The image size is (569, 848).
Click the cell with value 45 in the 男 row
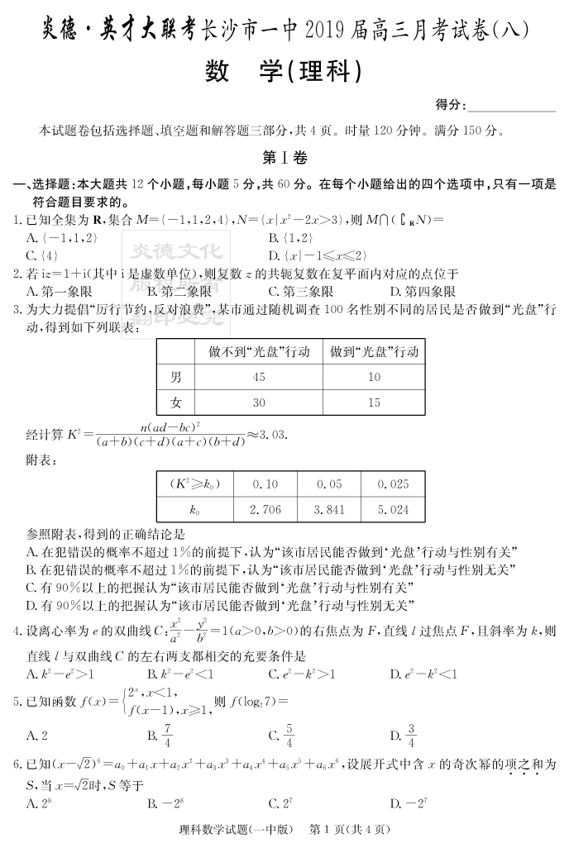[x=259, y=378]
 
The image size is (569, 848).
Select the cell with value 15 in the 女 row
[x=373, y=403]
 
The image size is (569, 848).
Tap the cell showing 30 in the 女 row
[x=259, y=403]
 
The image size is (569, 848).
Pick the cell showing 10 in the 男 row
[x=373, y=378]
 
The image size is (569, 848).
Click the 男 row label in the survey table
[x=176, y=378]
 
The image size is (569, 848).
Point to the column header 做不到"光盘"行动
[x=259, y=352]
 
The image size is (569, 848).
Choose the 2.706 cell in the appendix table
[x=265, y=510]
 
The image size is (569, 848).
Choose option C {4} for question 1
[x=41, y=255]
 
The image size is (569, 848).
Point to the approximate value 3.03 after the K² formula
[x=274, y=433]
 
